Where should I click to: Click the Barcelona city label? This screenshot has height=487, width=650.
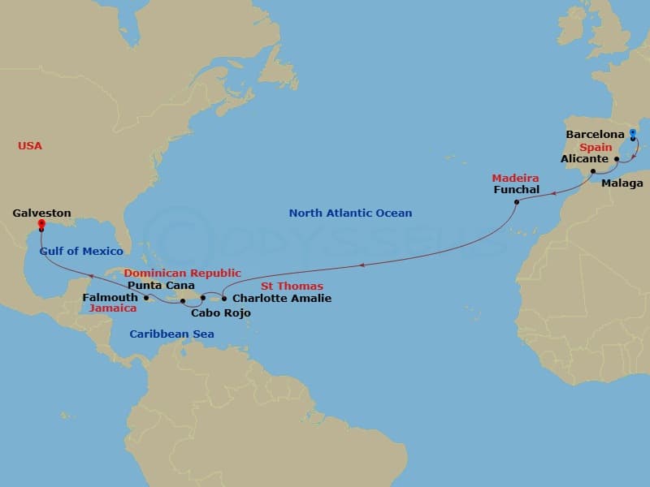pos(595,134)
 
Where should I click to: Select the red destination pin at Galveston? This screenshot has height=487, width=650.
pos(41,225)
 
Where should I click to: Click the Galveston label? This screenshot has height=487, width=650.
pos(41,213)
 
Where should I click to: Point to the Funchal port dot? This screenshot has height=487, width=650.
pos(517,202)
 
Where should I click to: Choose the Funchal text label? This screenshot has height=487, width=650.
pos(516,190)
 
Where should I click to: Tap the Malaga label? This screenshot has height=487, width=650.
pos(622,183)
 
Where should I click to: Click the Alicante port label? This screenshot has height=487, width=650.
pos(584,159)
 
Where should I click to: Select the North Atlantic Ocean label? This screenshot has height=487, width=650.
pos(350,213)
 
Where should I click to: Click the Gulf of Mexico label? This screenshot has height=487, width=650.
pos(81,252)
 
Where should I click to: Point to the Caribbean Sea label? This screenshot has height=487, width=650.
pos(171,334)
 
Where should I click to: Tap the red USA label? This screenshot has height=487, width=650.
pos(30,146)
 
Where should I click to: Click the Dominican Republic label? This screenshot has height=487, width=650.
pos(182,274)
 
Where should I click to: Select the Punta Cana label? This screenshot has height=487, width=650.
pos(161,286)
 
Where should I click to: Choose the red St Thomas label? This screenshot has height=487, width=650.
pos(292,287)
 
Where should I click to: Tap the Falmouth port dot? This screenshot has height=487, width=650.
pos(145,298)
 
